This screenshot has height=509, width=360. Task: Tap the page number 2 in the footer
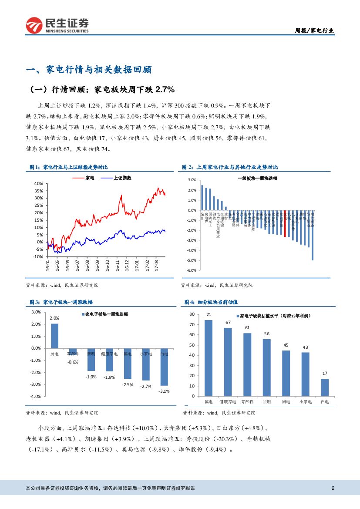(x=333, y=488)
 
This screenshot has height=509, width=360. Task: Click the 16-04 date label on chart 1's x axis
(x=47, y=266)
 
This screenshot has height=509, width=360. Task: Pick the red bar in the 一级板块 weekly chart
(x=285, y=223)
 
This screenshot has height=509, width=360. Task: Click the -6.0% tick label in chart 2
(x=192, y=270)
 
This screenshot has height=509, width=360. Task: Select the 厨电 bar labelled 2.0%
(x=54, y=336)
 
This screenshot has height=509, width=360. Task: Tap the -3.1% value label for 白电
(x=164, y=391)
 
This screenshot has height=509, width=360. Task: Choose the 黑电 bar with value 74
(x=209, y=358)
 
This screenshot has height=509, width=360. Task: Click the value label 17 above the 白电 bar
(x=325, y=374)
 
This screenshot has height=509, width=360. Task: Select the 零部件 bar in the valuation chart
(x=247, y=364)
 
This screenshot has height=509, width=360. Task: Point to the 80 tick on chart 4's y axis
(x=192, y=314)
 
